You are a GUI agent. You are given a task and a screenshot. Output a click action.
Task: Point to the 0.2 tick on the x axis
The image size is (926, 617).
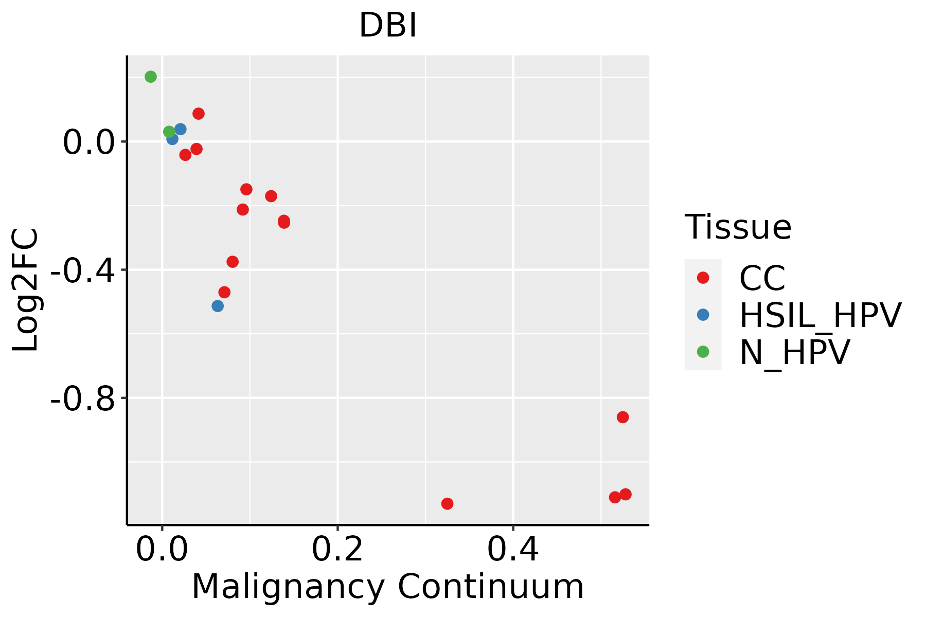click(x=337, y=550)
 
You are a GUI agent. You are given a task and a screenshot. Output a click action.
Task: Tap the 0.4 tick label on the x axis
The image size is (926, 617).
click(x=513, y=550)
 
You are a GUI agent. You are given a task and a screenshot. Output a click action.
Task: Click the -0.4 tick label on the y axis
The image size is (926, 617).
click(x=82, y=270)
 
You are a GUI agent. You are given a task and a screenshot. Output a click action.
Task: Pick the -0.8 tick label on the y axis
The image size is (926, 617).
click(x=82, y=398)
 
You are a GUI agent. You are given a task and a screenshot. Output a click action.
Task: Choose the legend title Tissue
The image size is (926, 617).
click(x=738, y=227)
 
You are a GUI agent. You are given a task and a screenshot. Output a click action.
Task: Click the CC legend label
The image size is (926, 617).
click(x=762, y=278)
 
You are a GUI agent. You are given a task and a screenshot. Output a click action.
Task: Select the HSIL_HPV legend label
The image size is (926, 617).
click(x=820, y=315)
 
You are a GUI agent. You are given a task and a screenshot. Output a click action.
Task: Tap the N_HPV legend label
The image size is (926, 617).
click(x=794, y=352)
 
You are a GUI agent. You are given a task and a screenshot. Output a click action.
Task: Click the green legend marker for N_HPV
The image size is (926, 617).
click(x=703, y=352)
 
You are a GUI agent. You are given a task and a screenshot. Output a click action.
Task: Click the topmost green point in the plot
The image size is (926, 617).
click(x=151, y=77)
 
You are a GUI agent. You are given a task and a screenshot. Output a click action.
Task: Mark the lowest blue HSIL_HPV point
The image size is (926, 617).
click(x=218, y=306)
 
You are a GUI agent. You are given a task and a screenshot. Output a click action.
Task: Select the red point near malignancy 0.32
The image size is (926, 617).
click(x=447, y=503)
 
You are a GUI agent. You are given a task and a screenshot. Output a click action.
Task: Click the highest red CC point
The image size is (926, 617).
click(x=199, y=114)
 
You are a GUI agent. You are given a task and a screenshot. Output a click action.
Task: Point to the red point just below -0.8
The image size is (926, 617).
click(x=622, y=417)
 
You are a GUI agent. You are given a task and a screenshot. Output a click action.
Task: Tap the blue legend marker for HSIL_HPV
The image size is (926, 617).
click(x=703, y=315)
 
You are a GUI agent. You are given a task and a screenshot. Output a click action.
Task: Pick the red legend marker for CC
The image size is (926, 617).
click(x=703, y=278)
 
